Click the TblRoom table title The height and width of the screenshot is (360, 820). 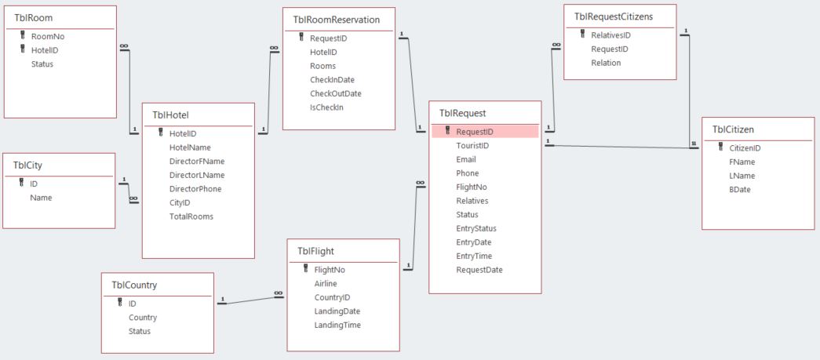pos(34,18)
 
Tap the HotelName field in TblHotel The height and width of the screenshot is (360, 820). pos(189,147)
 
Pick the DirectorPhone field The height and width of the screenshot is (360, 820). pos(195,189)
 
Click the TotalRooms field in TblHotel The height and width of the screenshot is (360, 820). pos(191,216)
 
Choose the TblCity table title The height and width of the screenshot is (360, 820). pos(29,165)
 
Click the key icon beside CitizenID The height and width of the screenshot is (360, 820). pos(720,147)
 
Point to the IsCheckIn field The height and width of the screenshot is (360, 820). pos(326,107)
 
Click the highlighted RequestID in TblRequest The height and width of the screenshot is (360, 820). pos(475,132)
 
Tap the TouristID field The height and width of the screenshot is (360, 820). pos(472,146)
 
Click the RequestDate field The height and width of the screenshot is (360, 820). pos(479,270)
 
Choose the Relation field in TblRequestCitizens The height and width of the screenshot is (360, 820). pos(606,63)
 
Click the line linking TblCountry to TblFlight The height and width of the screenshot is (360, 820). pos(251,299)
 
